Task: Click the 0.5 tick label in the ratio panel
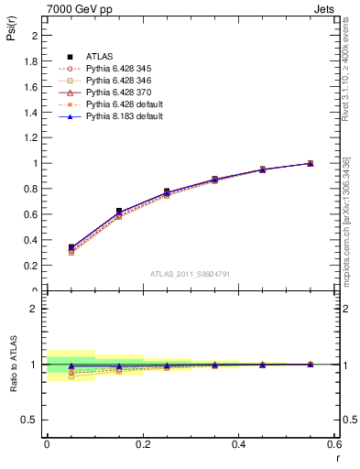(x=29, y=420)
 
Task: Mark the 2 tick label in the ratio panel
(x=35, y=309)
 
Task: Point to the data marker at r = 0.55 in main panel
(x=310, y=163)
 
